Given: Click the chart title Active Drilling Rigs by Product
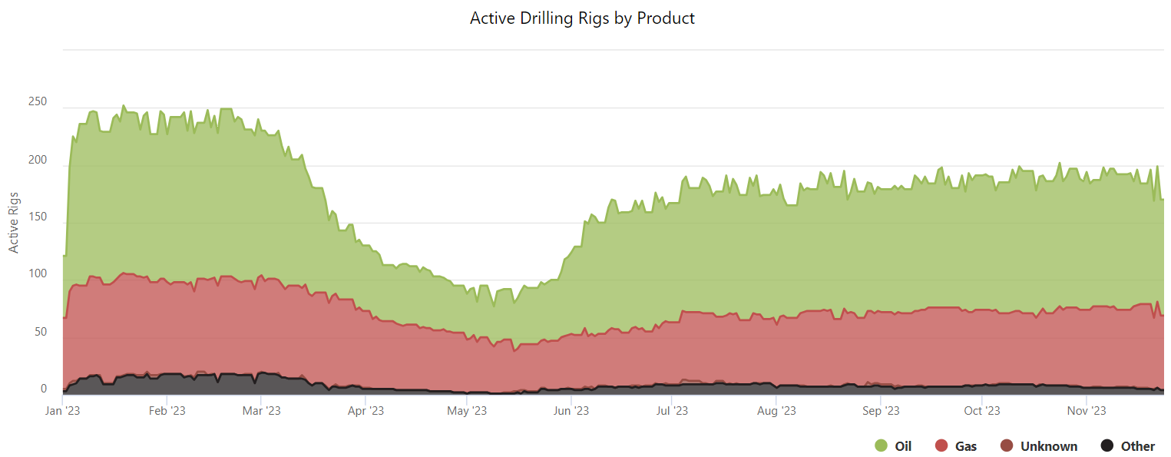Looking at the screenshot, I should pyautogui.click(x=582, y=18).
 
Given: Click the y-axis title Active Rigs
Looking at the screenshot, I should pyautogui.click(x=14, y=223).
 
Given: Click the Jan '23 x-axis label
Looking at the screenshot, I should pyautogui.click(x=64, y=411).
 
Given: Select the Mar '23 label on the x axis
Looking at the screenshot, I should pyautogui.click(x=262, y=411).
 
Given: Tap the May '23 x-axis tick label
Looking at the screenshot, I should pyautogui.click(x=468, y=411).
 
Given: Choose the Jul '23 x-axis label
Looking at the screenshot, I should pyautogui.click(x=672, y=411).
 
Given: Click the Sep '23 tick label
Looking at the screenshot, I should pyautogui.click(x=881, y=411).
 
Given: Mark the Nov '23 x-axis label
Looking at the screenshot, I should pyautogui.click(x=1087, y=411).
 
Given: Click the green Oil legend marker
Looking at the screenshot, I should pyautogui.click(x=881, y=446).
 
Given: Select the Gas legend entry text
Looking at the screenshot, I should pyautogui.click(x=966, y=446).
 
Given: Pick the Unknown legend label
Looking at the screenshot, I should pyautogui.click(x=1049, y=446).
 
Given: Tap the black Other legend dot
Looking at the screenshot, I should pyautogui.click(x=1107, y=446).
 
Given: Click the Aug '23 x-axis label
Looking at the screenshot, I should pyautogui.click(x=776, y=411).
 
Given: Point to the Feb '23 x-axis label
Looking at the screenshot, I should pyautogui.click(x=167, y=411).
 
